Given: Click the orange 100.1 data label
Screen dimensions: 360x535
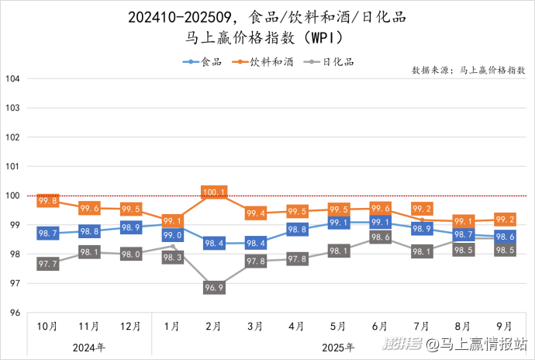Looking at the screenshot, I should [214, 192].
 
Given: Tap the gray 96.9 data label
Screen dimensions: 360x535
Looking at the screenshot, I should [214, 288].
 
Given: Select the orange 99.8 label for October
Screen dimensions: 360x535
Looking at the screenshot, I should [48, 201].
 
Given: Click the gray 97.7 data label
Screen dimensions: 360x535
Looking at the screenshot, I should [48, 265].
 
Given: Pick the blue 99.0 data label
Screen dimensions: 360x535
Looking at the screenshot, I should [172, 235].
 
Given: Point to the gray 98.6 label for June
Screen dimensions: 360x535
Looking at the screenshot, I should [381, 237].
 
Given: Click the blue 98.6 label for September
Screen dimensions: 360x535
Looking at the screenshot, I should [506, 237].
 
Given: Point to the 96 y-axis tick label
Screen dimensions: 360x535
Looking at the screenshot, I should [14, 313].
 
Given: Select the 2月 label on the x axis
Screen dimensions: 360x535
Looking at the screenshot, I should [214, 327].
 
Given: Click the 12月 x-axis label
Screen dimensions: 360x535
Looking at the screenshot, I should [131, 327].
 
